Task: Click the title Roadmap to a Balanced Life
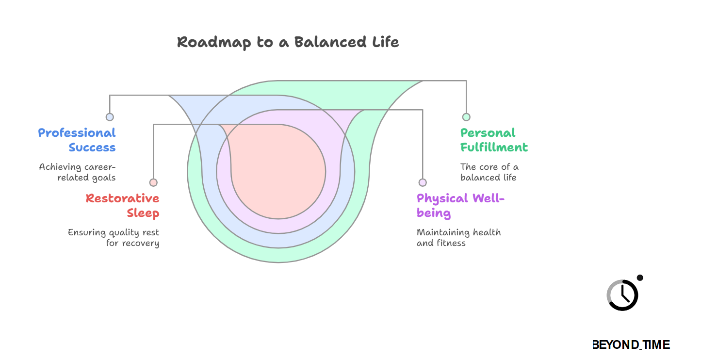coord(288,42)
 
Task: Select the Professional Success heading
coord(77,140)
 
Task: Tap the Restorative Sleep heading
coord(122,205)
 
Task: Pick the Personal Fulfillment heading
coord(494,140)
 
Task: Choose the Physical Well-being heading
coord(460,205)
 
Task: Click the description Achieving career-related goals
coord(78,172)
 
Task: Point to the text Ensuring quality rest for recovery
coord(114,238)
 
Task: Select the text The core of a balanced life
coord(489,172)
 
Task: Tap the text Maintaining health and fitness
coord(458,238)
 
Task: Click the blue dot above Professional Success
coord(110,117)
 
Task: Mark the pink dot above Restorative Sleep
coord(153,182)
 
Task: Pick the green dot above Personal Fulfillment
coord(466,117)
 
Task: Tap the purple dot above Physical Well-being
coord(423,182)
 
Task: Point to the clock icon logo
coord(622,295)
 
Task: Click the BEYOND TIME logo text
coord(631,345)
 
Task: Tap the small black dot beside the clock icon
coord(640,278)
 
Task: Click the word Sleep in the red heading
coord(143,213)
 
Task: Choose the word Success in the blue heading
coord(92,147)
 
